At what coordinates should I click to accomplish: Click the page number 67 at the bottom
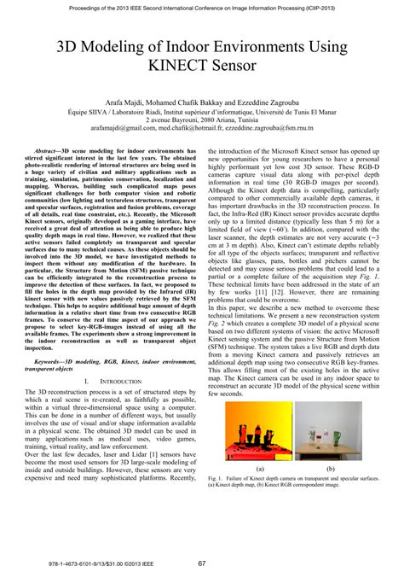tap(202, 563)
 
